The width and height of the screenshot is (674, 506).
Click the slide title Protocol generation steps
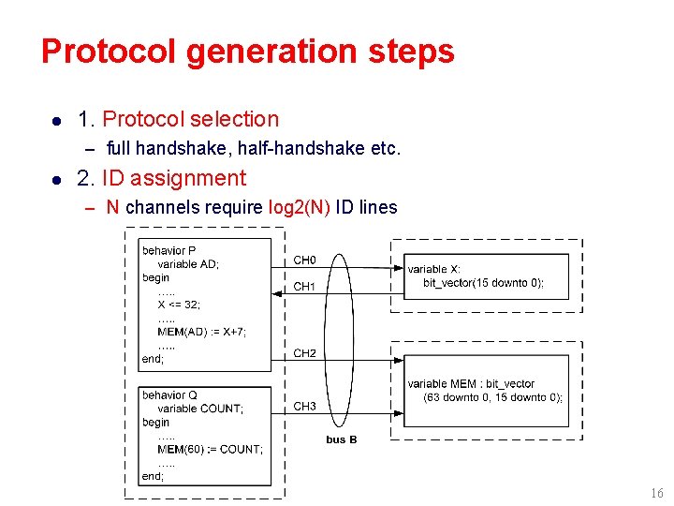point(247,51)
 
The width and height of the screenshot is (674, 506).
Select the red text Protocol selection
point(190,119)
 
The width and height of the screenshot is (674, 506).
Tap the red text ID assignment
point(188,178)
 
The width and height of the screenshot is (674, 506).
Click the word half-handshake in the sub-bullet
point(298,148)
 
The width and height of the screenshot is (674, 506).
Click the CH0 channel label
point(305,260)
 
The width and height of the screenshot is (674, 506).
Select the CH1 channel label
point(305,287)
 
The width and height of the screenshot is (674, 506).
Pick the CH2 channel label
point(305,353)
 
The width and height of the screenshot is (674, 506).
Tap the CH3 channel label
point(305,406)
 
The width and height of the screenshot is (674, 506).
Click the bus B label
point(341,439)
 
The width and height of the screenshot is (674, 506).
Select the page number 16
point(656,494)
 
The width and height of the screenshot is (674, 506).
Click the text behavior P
point(169,250)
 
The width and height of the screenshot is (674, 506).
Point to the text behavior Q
point(169,394)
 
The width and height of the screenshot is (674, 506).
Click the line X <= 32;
point(179,305)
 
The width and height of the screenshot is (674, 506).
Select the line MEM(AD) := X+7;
point(201,332)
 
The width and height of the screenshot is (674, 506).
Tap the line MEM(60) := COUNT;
point(210,449)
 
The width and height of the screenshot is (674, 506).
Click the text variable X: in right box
point(433,269)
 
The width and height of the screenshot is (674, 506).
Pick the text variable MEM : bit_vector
point(471,383)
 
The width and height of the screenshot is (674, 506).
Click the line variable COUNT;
point(199,409)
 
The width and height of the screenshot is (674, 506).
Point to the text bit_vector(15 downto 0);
point(482,283)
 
